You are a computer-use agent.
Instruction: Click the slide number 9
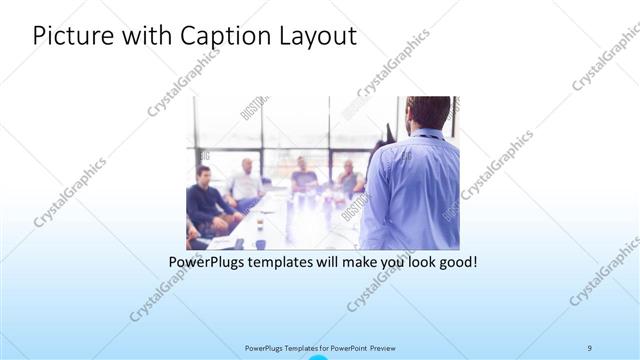click(590, 347)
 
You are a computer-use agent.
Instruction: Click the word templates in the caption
click(286, 263)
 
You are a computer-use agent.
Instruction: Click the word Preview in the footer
click(389, 347)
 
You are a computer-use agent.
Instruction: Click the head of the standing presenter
click(428, 113)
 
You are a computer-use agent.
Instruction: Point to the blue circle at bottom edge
click(319, 356)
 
